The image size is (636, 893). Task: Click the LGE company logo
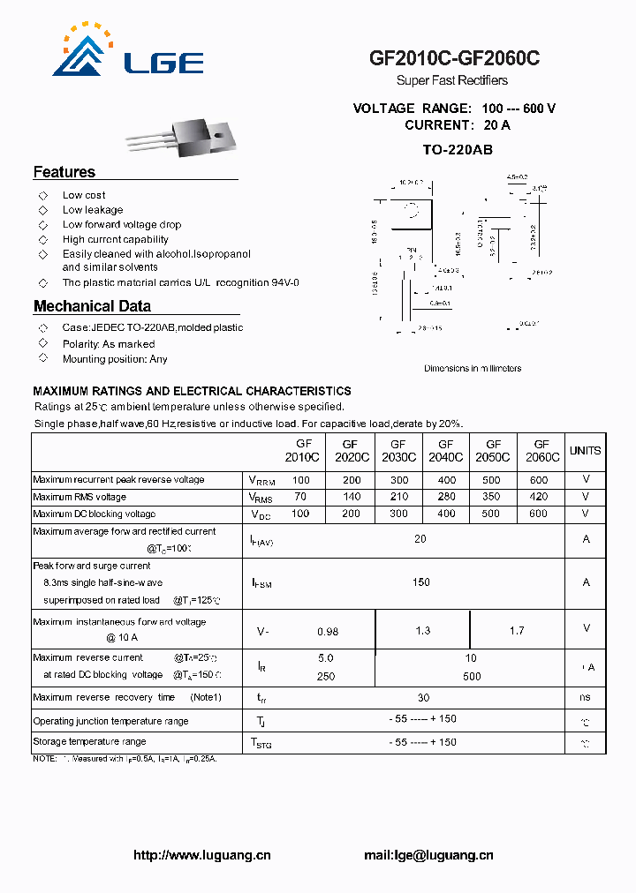[129, 52]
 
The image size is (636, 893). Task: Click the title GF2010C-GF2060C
[454, 58]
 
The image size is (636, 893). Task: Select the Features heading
[64, 172]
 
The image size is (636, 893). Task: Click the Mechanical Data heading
[92, 306]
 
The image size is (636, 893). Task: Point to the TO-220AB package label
[457, 150]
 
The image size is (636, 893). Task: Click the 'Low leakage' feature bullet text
[93, 210]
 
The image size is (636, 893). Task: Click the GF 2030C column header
[398, 451]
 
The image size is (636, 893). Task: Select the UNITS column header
[585, 451]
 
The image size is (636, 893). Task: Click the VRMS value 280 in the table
[445, 498]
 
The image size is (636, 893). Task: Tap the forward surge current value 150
[421, 582]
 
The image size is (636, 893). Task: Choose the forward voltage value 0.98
[327, 632]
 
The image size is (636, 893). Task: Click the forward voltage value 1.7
[517, 631]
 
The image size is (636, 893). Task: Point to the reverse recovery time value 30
[423, 698]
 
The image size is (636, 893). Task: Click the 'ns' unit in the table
[586, 698]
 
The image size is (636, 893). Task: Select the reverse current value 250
[326, 676]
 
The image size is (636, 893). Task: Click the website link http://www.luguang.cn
[202, 855]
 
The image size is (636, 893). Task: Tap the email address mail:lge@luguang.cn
[428, 855]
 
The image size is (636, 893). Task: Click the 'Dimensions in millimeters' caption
[473, 369]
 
